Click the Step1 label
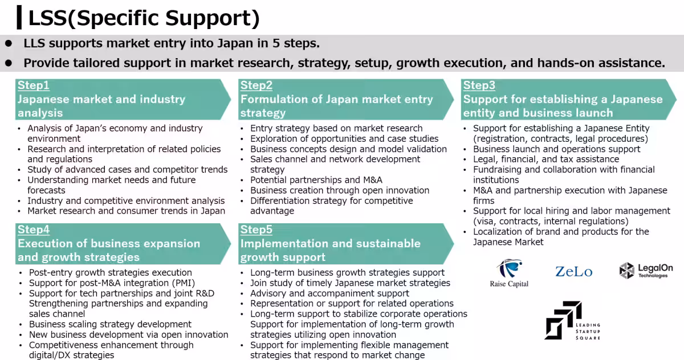click(33, 85)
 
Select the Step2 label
click(256, 85)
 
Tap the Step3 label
click(479, 85)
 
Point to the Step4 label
click(34, 230)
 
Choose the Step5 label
click(256, 230)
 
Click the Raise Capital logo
click(509, 273)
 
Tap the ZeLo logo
click(574, 272)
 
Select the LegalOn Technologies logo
click(646, 271)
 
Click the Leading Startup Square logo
click(572, 320)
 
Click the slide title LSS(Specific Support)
click(144, 18)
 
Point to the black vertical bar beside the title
click(19, 18)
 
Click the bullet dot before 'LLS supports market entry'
click(9, 43)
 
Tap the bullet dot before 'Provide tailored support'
click(9, 63)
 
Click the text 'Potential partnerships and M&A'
click(316, 180)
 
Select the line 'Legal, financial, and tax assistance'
click(546, 159)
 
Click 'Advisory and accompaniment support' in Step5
click(329, 293)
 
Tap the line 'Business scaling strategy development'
click(110, 324)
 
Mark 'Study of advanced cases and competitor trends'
click(128, 170)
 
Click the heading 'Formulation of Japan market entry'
click(336, 100)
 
